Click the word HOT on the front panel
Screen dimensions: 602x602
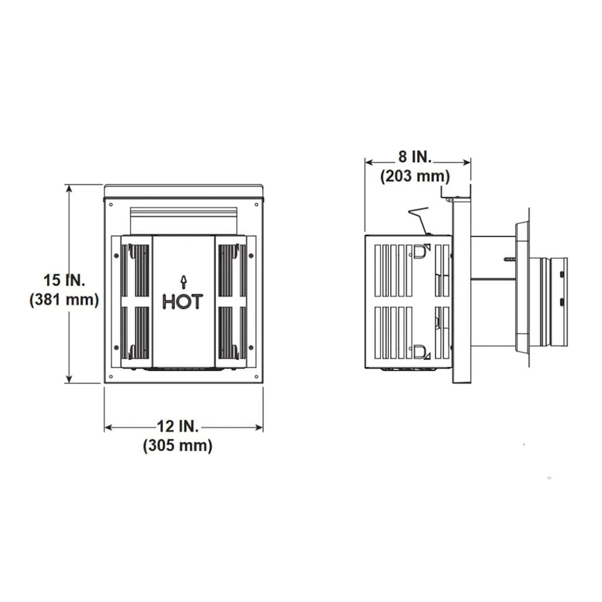point(183,302)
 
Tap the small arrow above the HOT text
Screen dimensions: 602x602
point(183,281)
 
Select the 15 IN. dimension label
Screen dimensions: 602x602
point(62,280)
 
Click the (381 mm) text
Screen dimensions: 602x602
point(64,299)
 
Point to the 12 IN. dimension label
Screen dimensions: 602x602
point(178,427)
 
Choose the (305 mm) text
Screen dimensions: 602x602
point(178,446)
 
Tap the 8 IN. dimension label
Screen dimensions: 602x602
point(415,157)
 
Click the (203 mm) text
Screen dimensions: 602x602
point(415,176)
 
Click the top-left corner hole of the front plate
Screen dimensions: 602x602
point(111,204)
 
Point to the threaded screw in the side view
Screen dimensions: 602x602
point(509,259)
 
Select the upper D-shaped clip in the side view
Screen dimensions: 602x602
point(419,249)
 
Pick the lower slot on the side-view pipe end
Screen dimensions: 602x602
point(562,301)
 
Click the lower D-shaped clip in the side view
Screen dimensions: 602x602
point(419,349)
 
